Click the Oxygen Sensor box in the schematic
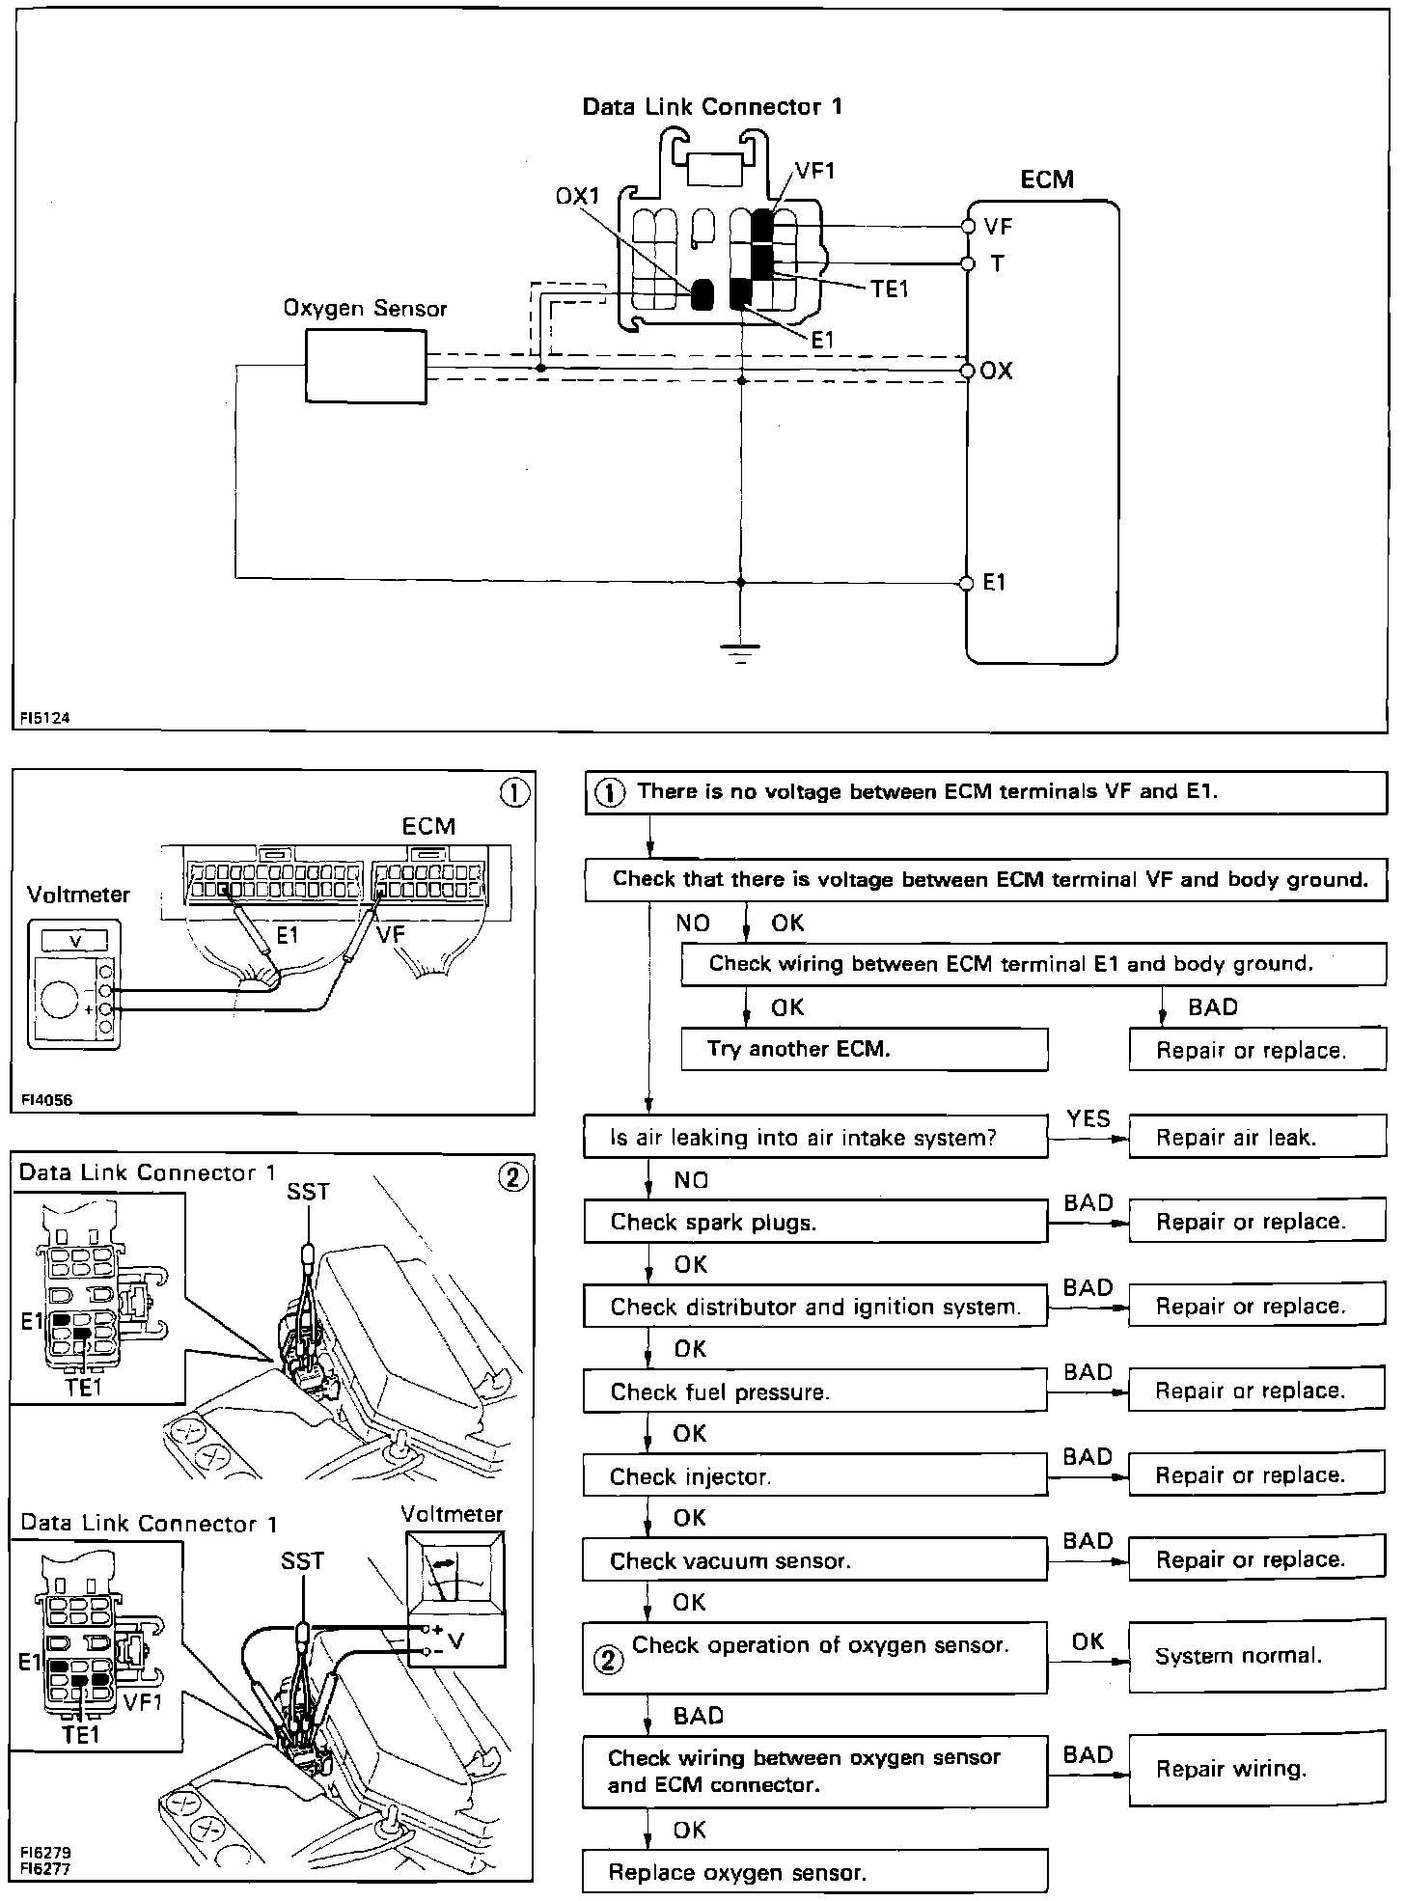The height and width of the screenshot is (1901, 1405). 366,367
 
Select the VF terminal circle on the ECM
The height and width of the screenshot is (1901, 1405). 968,227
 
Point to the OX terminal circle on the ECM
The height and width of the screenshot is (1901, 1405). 968,371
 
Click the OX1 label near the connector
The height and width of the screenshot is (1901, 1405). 577,196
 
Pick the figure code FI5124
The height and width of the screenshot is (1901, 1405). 45,718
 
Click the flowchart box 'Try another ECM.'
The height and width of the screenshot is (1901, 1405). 864,1049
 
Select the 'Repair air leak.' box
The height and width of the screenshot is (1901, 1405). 1256,1138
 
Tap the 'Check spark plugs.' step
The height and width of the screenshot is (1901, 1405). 814,1222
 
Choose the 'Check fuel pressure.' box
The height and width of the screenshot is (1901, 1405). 814,1391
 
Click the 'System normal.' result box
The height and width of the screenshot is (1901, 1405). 1256,1656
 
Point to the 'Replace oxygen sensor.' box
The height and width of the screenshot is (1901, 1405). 814,1873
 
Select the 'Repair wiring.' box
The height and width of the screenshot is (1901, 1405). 1256,1769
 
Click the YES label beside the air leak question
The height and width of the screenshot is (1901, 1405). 1088,1118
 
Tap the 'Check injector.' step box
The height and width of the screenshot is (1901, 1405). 814,1476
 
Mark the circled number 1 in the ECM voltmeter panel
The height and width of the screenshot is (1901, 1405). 514,793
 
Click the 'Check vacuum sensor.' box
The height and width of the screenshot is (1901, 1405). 814,1560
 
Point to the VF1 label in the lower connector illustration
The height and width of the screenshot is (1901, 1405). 143,1702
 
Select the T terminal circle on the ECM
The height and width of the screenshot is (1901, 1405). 968,263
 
